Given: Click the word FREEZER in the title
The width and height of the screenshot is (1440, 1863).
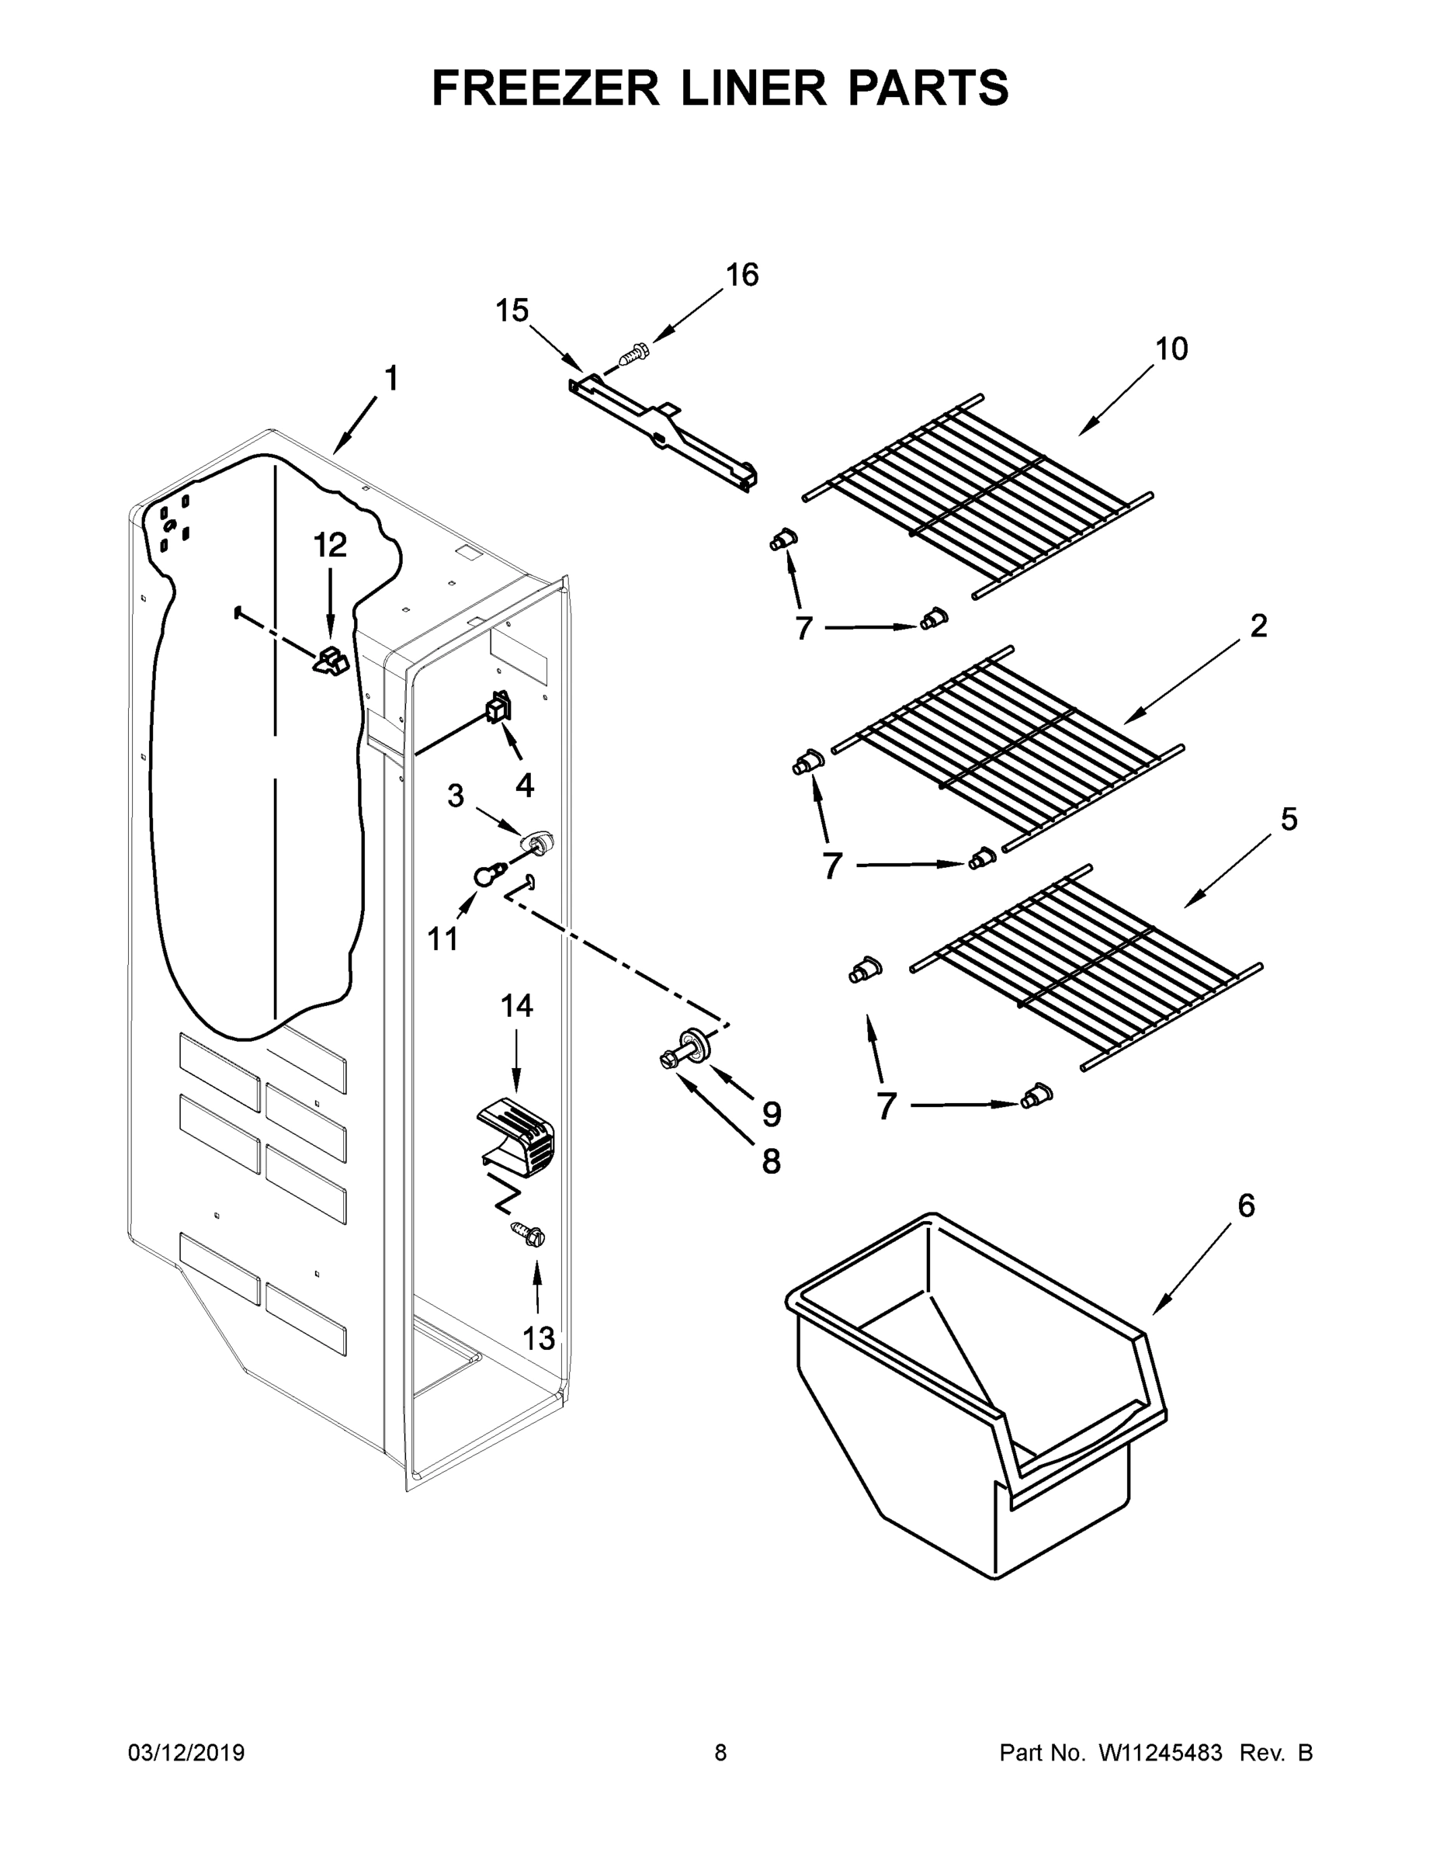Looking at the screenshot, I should pos(545,88).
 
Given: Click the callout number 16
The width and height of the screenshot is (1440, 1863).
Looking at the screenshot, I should pos(741,276).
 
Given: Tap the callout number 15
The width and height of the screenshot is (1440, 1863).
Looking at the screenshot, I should pos(512,311).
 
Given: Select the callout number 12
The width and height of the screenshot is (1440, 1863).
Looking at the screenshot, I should pos(330,544).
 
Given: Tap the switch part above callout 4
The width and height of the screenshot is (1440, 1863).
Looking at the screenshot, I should pos(498,707).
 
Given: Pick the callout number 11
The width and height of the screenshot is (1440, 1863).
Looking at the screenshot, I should pos(442,939).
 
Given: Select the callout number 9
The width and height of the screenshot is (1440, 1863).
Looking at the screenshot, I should pos(771,1113).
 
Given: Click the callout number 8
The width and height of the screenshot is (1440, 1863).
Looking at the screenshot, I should pos(770,1161).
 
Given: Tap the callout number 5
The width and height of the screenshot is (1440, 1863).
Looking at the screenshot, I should pos(1289,820).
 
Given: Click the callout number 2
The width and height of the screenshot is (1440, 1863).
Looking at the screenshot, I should pos(1258,626).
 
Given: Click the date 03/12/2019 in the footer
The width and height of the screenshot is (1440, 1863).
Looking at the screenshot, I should pos(186,1753).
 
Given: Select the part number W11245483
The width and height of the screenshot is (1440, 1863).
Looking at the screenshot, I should pos(1161,1753).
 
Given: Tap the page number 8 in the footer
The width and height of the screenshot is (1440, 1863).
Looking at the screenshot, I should pos(720,1753).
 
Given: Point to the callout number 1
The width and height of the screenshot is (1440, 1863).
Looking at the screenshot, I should pos(390,379).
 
